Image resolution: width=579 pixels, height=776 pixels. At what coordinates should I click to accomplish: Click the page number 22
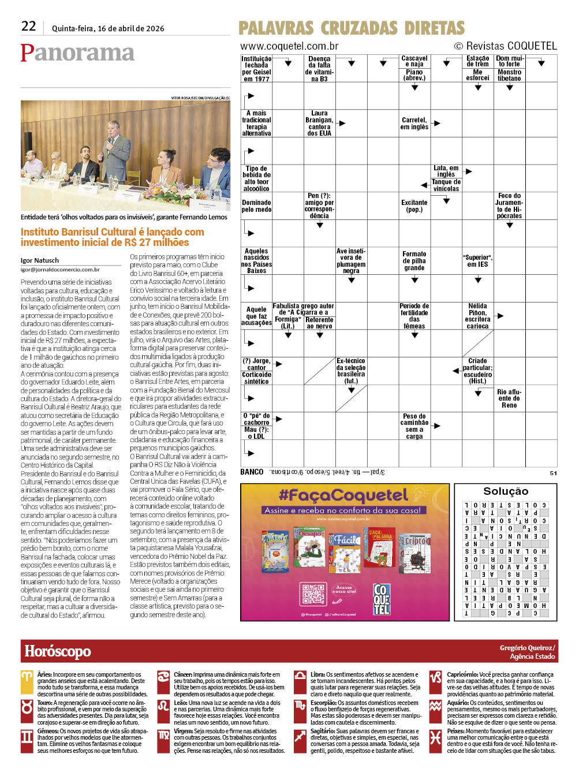click(x=28, y=26)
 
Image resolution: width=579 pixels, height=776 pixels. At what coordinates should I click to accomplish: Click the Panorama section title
click(x=77, y=53)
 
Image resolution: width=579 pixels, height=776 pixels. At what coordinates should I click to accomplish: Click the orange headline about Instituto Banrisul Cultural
click(x=113, y=237)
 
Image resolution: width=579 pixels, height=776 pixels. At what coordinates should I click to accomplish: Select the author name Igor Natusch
click(x=40, y=260)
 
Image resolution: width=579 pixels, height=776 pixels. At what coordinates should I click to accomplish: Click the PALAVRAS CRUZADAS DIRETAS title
click(x=351, y=28)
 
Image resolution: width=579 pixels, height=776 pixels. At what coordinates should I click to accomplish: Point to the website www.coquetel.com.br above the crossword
click(x=289, y=46)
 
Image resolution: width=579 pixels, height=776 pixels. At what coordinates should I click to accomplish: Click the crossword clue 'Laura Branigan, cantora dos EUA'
click(x=319, y=124)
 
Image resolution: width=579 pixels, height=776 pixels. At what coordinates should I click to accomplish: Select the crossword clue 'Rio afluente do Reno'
click(x=509, y=398)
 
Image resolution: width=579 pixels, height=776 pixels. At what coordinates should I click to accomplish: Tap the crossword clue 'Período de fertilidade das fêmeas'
click(x=414, y=316)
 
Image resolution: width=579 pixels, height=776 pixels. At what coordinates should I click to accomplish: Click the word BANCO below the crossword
click(x=252, y=472)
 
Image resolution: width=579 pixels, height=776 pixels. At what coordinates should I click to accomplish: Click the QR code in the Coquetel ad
click(x=313, y=595)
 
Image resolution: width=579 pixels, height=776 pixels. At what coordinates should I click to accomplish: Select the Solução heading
click(x=505, y=491)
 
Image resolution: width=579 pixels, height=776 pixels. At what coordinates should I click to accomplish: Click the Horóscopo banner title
click(x=58, y=651)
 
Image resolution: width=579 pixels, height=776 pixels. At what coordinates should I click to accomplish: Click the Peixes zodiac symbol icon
click(x=436, y=737)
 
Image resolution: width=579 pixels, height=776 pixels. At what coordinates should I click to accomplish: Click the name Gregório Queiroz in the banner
click(x=526, y=648)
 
